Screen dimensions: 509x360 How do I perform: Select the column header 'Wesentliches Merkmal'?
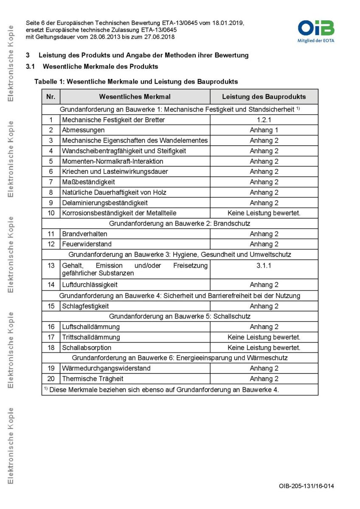coord(135,97)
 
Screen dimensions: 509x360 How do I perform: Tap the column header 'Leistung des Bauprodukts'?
coord(264,97)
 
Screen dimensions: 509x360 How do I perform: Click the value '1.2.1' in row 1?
coord(264,120)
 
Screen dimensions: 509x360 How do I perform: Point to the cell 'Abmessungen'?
coord(83,130)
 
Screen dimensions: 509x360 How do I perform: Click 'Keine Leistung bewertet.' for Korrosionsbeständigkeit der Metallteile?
coord(264,213)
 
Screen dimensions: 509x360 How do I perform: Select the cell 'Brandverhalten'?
coord(84,234)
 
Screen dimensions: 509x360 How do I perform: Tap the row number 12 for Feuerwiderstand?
coord(51,244)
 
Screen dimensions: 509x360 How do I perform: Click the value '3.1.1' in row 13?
coord(264,266)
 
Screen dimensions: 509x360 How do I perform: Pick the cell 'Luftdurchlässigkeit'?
coord(90,285)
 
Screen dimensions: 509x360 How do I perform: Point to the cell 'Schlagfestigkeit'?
coord(85,306)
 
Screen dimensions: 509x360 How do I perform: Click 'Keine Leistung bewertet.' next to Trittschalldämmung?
coord(264,337)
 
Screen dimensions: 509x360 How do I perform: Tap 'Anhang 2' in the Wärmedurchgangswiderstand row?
coord(264,368)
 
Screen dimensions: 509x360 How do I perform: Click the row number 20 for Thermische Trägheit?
coord(51,379)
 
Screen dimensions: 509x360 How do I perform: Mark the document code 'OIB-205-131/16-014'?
coord(306,486)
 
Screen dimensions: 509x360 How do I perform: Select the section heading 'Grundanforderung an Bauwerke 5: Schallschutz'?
coord(180,316)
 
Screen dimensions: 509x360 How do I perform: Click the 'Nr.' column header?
coord(51,97)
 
